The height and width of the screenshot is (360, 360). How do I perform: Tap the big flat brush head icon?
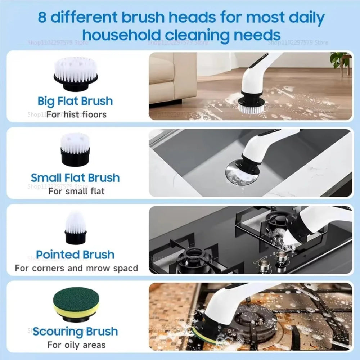(x=76, y=74)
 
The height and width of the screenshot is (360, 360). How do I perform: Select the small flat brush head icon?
(x=75, y=149)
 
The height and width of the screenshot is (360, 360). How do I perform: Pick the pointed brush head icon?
(x=75, y=228)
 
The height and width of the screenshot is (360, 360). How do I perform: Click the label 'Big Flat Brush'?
(x=75, y=101)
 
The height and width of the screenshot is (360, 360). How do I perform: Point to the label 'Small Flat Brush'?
(x=75, y=177)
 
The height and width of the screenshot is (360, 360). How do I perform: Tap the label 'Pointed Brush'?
(x=75, y=255)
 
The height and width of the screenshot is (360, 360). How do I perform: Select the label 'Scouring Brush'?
(x=75, y=331)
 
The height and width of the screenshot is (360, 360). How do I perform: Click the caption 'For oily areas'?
(x=76, y=345)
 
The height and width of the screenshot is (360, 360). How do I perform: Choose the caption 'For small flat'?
(x=76, y=191)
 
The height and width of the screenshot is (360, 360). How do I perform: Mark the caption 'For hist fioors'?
(x=76, y=114)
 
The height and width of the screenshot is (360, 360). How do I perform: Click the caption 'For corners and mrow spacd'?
(x=76, y=268)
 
